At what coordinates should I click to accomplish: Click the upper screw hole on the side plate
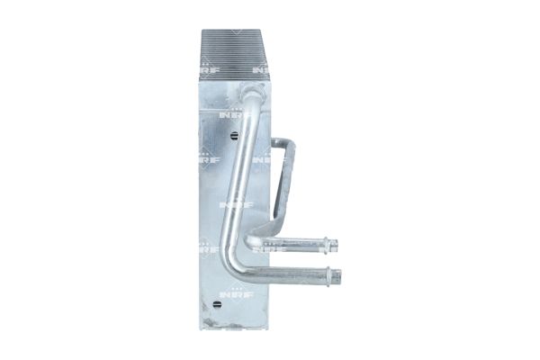point(234,136)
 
